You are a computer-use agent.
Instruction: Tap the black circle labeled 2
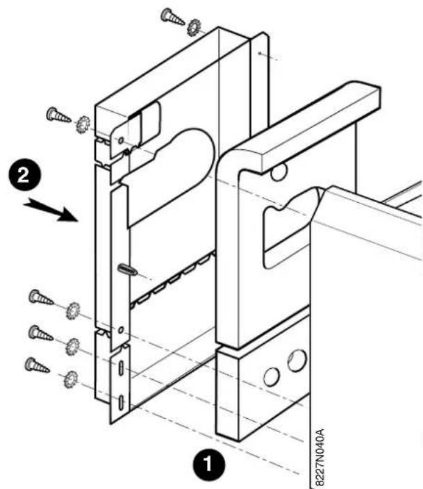[x=24, y=175]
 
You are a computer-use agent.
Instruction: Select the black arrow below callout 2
[x=51, y=210]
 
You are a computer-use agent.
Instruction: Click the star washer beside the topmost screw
[x=194, y=27]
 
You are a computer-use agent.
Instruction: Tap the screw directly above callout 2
[x=58, y=115]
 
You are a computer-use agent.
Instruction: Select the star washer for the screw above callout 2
[x=83, y=124]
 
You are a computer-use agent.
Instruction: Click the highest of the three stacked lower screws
[x=41, y=297]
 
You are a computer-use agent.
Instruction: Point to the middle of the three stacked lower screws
[x=40, y=333]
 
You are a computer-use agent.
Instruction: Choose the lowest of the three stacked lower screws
[x=37, y=365]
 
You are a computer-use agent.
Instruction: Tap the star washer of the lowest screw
[x=71, y=379]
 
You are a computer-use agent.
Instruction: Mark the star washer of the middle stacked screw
[x=73, y=347]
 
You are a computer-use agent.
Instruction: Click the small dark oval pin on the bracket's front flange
[x=127, y=269]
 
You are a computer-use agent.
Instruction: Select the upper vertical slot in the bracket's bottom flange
[x=121, y=367]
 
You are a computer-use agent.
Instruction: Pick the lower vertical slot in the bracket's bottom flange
[x=121, y=402]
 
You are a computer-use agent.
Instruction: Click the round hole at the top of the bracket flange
[x=121, y=140]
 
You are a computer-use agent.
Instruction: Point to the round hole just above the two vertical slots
[x=121, y=329]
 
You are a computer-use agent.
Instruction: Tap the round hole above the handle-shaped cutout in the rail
[x=279, y=172]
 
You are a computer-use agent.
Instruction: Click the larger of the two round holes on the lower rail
[x=297, y=360]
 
